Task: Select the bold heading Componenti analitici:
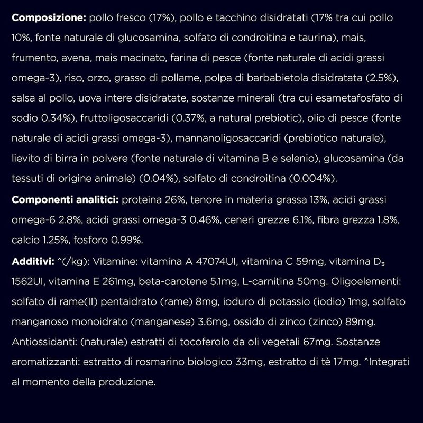(65, 200)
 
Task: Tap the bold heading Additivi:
(32, 261)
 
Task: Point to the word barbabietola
(265, 78)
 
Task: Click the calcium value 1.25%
(56, 240)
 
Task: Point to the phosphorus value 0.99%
(126, 240)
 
